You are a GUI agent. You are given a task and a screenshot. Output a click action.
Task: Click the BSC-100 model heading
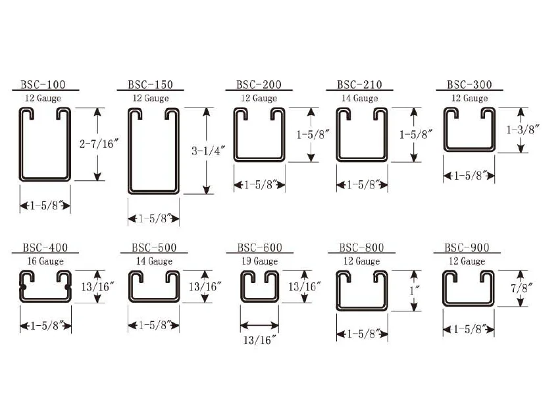[x=43, y=85]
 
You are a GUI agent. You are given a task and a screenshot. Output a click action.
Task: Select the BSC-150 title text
[x=150, y=85]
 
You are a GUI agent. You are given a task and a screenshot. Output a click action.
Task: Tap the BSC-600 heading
[x=260, y=247]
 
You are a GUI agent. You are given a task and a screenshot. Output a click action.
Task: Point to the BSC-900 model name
[x=467, y=247]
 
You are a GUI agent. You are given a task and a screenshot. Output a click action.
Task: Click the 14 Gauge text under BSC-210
[x=360, y=98]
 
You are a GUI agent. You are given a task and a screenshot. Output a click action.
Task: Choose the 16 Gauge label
[x=45, y=261]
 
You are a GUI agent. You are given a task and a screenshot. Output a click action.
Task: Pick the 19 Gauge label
[x=260, y=261]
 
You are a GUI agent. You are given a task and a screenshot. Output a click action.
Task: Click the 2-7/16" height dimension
[x=99, y=143]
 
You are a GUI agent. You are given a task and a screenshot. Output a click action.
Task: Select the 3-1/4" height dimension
[x=208, y=151]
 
